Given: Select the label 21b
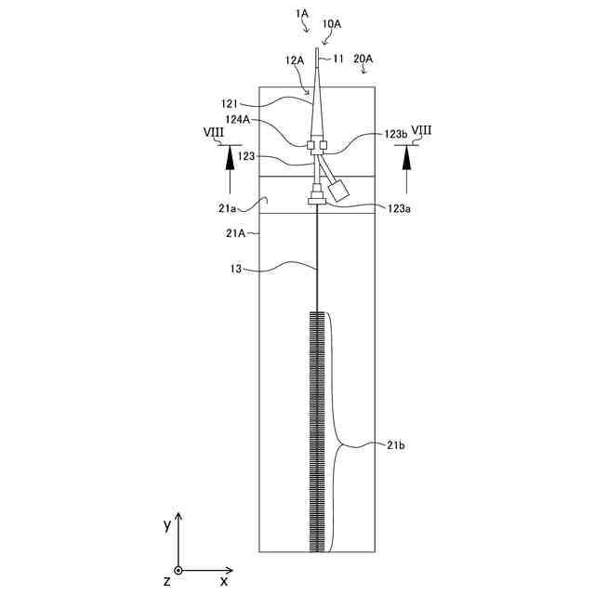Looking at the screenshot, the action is (394, 446).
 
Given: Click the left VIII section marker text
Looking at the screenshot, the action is (213, 133).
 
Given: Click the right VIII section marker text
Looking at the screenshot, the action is (420, 133).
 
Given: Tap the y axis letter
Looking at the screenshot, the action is (167, 524).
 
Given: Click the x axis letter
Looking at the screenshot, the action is (224, 580).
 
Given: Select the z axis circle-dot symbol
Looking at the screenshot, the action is (178, 570).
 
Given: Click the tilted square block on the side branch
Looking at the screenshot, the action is (339, 189).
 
